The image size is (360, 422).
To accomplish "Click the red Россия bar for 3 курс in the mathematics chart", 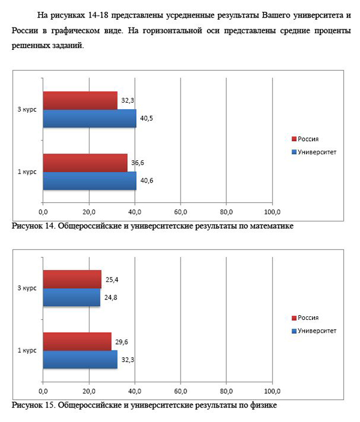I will coord(80,100).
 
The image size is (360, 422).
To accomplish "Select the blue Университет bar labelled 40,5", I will coord(89,118).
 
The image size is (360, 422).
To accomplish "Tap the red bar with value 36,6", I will coord(85,163).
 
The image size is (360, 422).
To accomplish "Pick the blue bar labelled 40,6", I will coord(89,181).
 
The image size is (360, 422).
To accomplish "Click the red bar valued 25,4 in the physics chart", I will coord(72,279).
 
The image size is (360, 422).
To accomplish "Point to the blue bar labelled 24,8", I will coord(71,297).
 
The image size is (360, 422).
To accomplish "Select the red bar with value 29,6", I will coord(77,342).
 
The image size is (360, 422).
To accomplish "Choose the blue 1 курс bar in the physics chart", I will coord(80,360).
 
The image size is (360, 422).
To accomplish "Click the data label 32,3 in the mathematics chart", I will coord(128,100).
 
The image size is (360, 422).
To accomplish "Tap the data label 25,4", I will coord(112,279).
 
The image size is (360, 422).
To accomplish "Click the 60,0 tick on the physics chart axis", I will coord(181,391).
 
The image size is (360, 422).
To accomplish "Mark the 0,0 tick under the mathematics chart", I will coord(43,212).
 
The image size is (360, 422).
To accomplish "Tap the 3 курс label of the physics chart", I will coord(27,288).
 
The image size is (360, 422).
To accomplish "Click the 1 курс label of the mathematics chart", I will coord(27,172).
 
